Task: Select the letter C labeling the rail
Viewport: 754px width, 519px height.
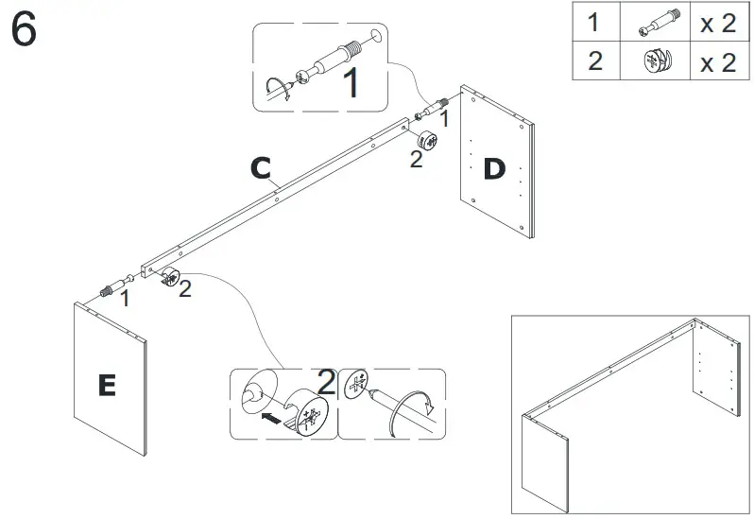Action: tap(262, 169)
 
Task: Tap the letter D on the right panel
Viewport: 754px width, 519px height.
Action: tap(494, 169)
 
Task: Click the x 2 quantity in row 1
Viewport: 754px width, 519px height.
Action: tap(716, 25)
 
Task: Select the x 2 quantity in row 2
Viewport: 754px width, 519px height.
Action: tap(716, 62)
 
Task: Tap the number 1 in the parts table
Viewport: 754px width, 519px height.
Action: tap(594, 24)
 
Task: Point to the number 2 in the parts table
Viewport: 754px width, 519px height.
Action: tap(594, 62)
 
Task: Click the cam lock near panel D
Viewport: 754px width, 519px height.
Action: tap(426, 142)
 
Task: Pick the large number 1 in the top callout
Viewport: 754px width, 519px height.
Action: tap(351, 83)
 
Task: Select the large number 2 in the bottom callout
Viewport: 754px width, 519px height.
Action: tap(326, 383)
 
